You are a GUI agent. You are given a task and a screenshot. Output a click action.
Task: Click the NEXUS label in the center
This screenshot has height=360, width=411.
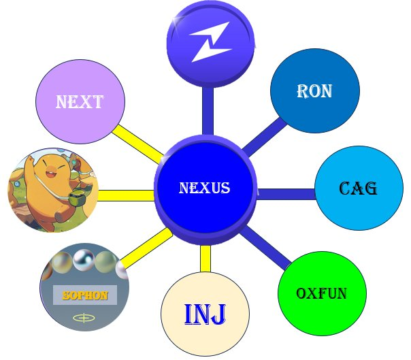(x=205, y=188)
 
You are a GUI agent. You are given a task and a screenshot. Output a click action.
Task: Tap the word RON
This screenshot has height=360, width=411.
(x=314, y=91)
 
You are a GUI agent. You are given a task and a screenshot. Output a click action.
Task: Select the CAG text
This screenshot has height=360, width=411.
(x=358, y=189)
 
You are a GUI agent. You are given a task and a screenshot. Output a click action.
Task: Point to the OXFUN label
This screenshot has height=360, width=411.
(x=321, y=293)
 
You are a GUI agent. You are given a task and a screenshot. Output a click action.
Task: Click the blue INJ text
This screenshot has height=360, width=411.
(x=205, y=314)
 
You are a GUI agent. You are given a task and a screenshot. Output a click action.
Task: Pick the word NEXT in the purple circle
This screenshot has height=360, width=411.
(x=80, y=101)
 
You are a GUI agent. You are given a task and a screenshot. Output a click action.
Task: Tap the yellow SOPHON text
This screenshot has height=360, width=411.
(x=85, y=295)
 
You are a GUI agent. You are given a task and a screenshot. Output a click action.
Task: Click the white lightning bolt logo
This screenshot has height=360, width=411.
(x=211, y=42)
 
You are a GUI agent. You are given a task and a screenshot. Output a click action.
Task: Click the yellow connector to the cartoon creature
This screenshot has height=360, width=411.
(x=126, y=195)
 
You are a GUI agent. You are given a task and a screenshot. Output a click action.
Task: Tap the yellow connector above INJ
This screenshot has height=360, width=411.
(x=205, y=259)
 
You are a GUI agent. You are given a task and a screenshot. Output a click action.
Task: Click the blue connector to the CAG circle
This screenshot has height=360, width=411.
(x=286, y=194)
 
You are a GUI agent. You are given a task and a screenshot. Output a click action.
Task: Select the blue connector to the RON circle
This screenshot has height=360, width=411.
(x=265, y=137)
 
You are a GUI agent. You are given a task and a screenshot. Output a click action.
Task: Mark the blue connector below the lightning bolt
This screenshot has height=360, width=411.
(x=208, y=111)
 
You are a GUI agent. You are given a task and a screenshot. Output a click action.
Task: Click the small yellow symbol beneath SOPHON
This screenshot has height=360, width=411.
(x=84, y=318)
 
